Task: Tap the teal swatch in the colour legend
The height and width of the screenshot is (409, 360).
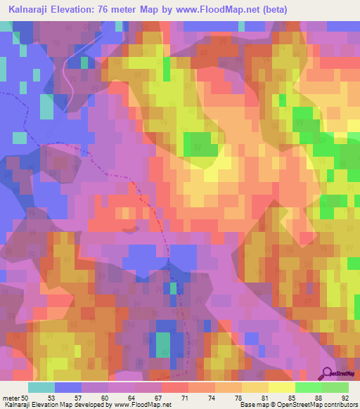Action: (x=41, y=387)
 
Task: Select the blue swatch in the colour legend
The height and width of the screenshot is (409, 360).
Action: (x=67, y=387)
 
